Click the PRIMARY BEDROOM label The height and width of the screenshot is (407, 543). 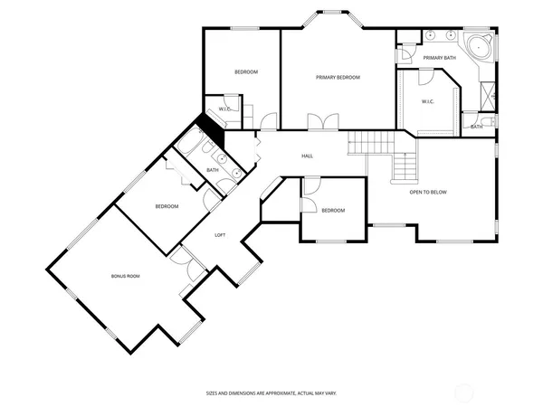pyautogui.click(x=338, y=78)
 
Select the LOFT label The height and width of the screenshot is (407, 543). pyautogui.click(x=220, y=235)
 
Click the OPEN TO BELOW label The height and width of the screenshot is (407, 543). pyautogui.click(x=428, y=192)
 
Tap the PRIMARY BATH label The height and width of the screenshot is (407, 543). pyautogui.click(x=439, y=58)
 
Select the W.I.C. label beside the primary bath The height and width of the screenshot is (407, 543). pyautogui.click(x=428, y=101)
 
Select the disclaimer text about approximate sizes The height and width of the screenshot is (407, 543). pyautogui.click(x=271, y=393)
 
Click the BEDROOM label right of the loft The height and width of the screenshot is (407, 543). pyautogui.click(x=333, y=211)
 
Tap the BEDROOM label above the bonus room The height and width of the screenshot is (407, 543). pyautogui.click(x=167, y=206)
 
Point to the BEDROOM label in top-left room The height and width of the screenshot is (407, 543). pyautogui.click(x=247, y=71)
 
